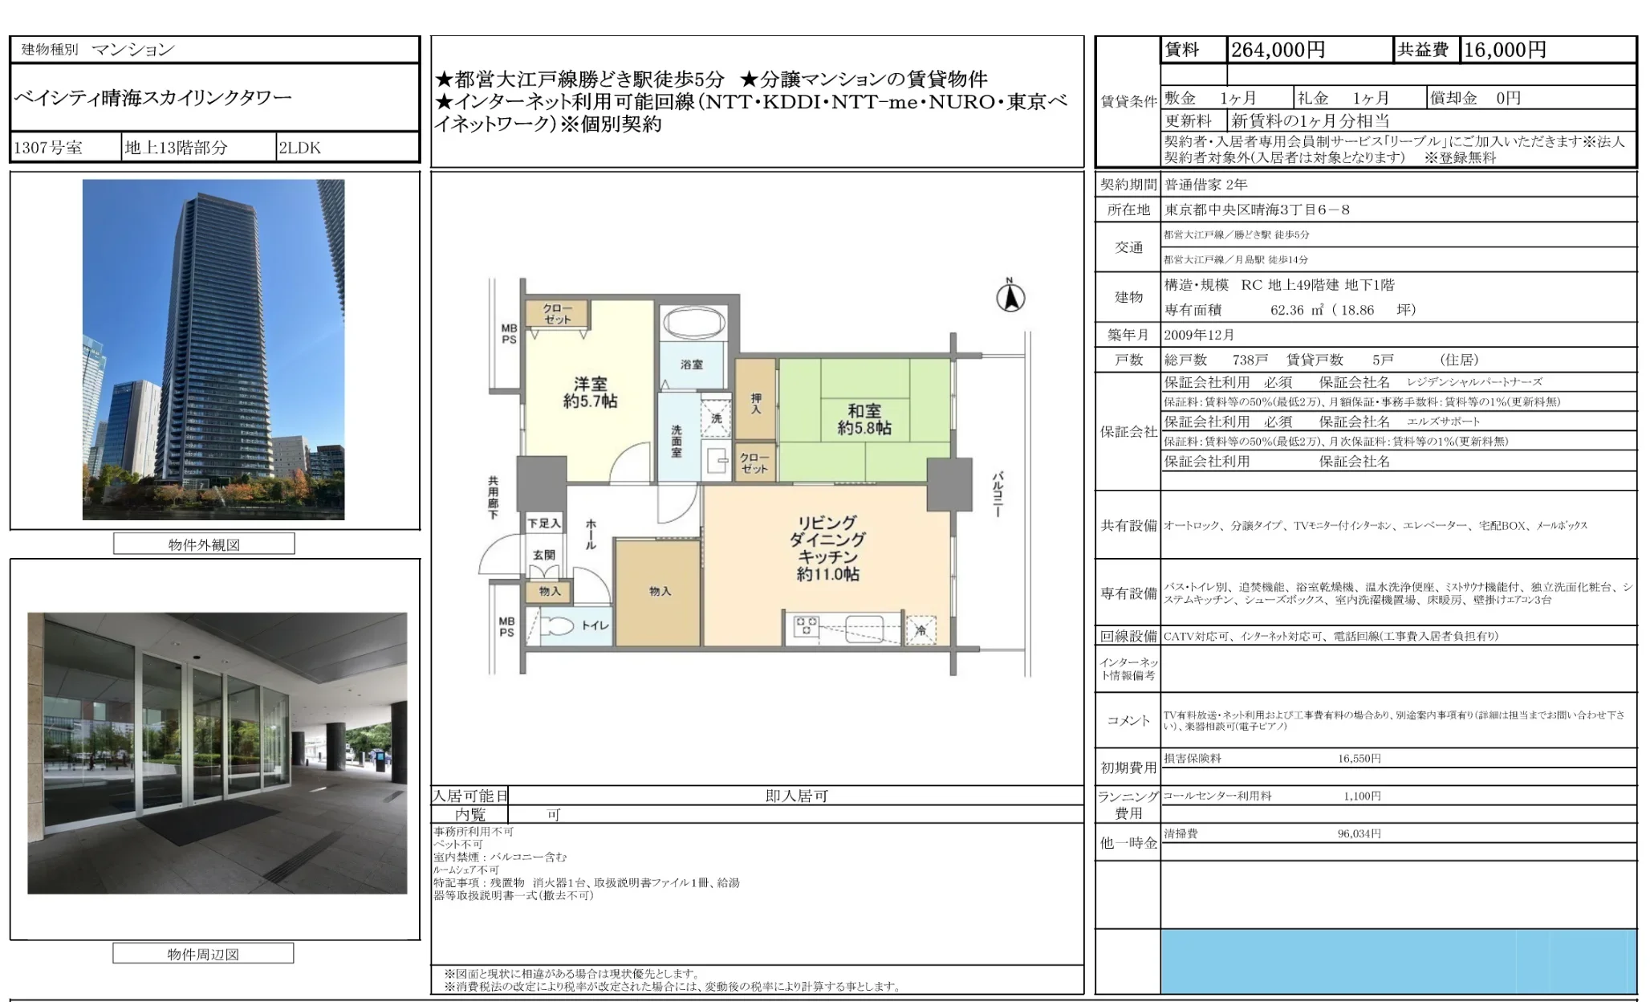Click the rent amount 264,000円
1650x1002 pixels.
pyautogui.click(x=1278, y=50)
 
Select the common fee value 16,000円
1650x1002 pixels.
pyautogui.click(x=1505, y=50)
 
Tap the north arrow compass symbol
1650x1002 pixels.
pyautogui.click(x=1010, y=297)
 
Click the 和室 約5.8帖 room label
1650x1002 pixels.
pyautogui.click(x=864, y=419)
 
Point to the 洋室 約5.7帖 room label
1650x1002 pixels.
pyautogui.click(x=590, y=393)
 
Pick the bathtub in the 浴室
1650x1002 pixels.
pyautogui.click(x=693, y=323)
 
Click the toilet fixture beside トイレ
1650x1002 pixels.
pyautogui.click(x=557, y=626)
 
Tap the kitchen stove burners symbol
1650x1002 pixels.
pyautogui.click(x=806, y=626)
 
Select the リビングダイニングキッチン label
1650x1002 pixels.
pyautogui.click(x=827, y=548)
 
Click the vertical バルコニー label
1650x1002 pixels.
pyautogui.click(x=998, y=494)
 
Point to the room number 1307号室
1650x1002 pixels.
pyautogui.click(x=48, y=148)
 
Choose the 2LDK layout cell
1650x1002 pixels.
pyautogui.click(x=300, y=148)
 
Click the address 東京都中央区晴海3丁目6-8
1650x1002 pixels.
pyautogui.click(x=1257, y=210)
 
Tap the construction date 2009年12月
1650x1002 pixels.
pyautogui.click(x=1199, y=335)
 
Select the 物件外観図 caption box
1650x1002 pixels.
pyautogui.click(x=204, y=544)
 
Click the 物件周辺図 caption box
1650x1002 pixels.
pyautogui.click(x=203, y=954)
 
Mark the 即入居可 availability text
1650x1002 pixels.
pyautogui.click(x=796, y=796)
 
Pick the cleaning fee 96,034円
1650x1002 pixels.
pyautogui.click(x=1359, y=834)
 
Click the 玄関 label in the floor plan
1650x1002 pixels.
pyautogui.click(x=544, y=555)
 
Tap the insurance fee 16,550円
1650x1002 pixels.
pyautogui.click(x=1359, y=759)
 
